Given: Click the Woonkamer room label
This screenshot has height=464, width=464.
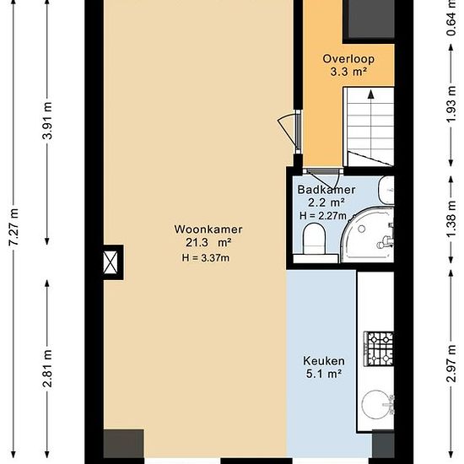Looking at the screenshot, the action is [208, 229].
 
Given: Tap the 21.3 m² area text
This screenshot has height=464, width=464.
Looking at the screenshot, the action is [208, 243].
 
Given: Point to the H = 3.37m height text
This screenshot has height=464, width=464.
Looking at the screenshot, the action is [206, 258].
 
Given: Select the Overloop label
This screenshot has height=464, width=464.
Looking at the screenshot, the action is [348, 59].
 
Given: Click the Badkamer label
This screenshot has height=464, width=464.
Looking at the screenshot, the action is [326, 190].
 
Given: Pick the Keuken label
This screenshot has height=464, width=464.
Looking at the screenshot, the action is [324, 361].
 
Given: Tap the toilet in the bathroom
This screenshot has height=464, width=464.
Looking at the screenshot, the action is [315, 239].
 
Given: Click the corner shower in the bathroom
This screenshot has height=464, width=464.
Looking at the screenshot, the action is [368, 235].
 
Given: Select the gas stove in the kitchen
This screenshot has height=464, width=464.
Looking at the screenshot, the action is [379, 349].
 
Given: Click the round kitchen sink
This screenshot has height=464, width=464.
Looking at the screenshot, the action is [375, 404].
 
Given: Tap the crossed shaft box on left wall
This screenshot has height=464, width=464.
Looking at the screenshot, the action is [111, 262].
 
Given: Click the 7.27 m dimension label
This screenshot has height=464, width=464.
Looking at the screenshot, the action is [13, 226].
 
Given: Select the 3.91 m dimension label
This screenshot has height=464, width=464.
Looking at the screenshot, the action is [47, 121].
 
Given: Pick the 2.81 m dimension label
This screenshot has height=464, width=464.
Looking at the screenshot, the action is [47, 369].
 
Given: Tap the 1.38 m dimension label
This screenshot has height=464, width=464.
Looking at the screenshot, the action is [451, 219].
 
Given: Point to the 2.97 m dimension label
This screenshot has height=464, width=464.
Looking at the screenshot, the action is [451, 364].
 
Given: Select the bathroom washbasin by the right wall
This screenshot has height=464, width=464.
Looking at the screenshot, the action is [387, 191].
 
